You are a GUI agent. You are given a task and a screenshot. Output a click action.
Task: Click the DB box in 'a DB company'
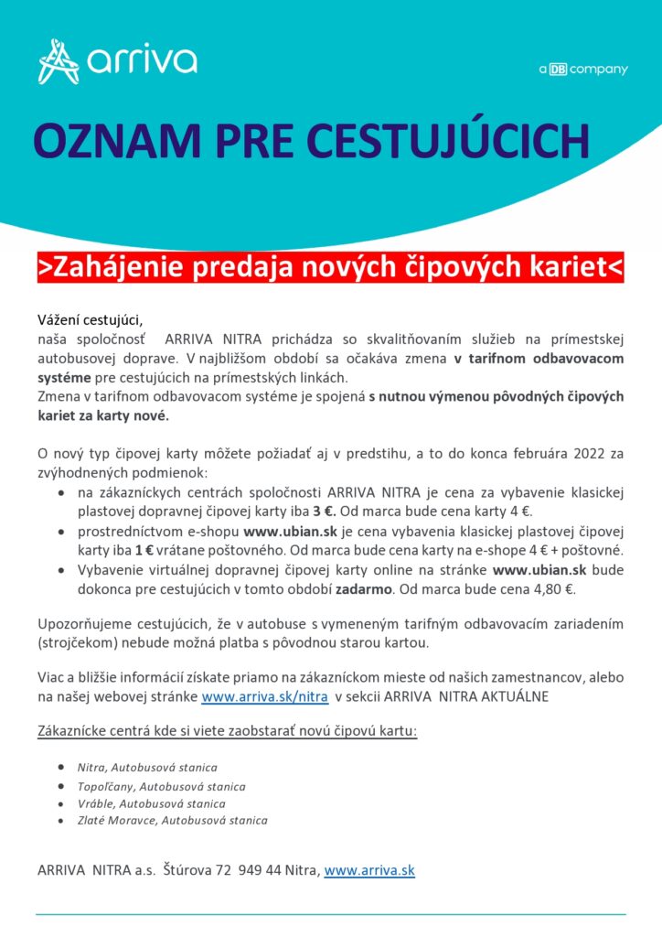click(558, 70)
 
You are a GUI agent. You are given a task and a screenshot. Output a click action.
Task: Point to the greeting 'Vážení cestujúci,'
click(90, 319)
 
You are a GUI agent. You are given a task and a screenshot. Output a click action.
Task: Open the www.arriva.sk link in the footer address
click(369, 870)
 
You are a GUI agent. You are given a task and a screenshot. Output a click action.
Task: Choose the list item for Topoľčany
click(161, 786)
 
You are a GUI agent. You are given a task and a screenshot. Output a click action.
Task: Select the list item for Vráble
click(151, 803)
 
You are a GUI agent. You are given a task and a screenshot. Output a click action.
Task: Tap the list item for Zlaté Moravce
click(172, 821)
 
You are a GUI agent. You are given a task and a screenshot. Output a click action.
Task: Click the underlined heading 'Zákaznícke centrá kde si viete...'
click(227, 732)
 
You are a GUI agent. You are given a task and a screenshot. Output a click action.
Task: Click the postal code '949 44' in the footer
click(258, 870)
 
